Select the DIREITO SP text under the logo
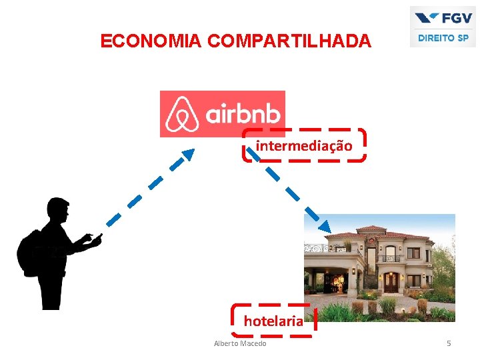[443, 38]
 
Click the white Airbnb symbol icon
[182, 114]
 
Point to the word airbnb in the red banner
[243, 114]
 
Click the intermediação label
[304, 145]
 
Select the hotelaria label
[273, 321]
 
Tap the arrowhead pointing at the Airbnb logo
[188, 154]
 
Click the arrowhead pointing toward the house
[323, 225]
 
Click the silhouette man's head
[59, 211]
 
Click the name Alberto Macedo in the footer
[240, 343]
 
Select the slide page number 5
[449, 343]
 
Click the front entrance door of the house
[391, 282]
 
